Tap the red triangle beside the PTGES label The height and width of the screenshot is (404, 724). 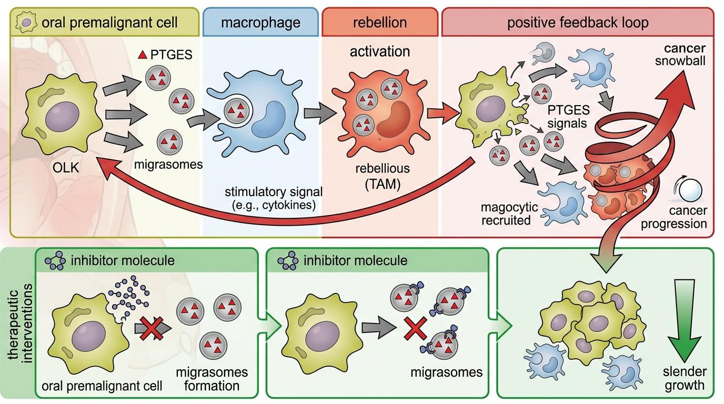(142, 55)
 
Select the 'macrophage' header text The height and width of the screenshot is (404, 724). (260, 23)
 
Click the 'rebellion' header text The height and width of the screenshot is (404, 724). (380, 23)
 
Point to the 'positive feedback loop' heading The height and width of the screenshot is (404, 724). (578, 23)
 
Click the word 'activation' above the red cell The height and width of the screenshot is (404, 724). (379, 52)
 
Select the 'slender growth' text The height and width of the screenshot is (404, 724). (684, 378)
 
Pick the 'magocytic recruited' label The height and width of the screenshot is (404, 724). (506, 214)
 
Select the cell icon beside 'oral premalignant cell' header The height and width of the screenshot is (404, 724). (24, 23)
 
